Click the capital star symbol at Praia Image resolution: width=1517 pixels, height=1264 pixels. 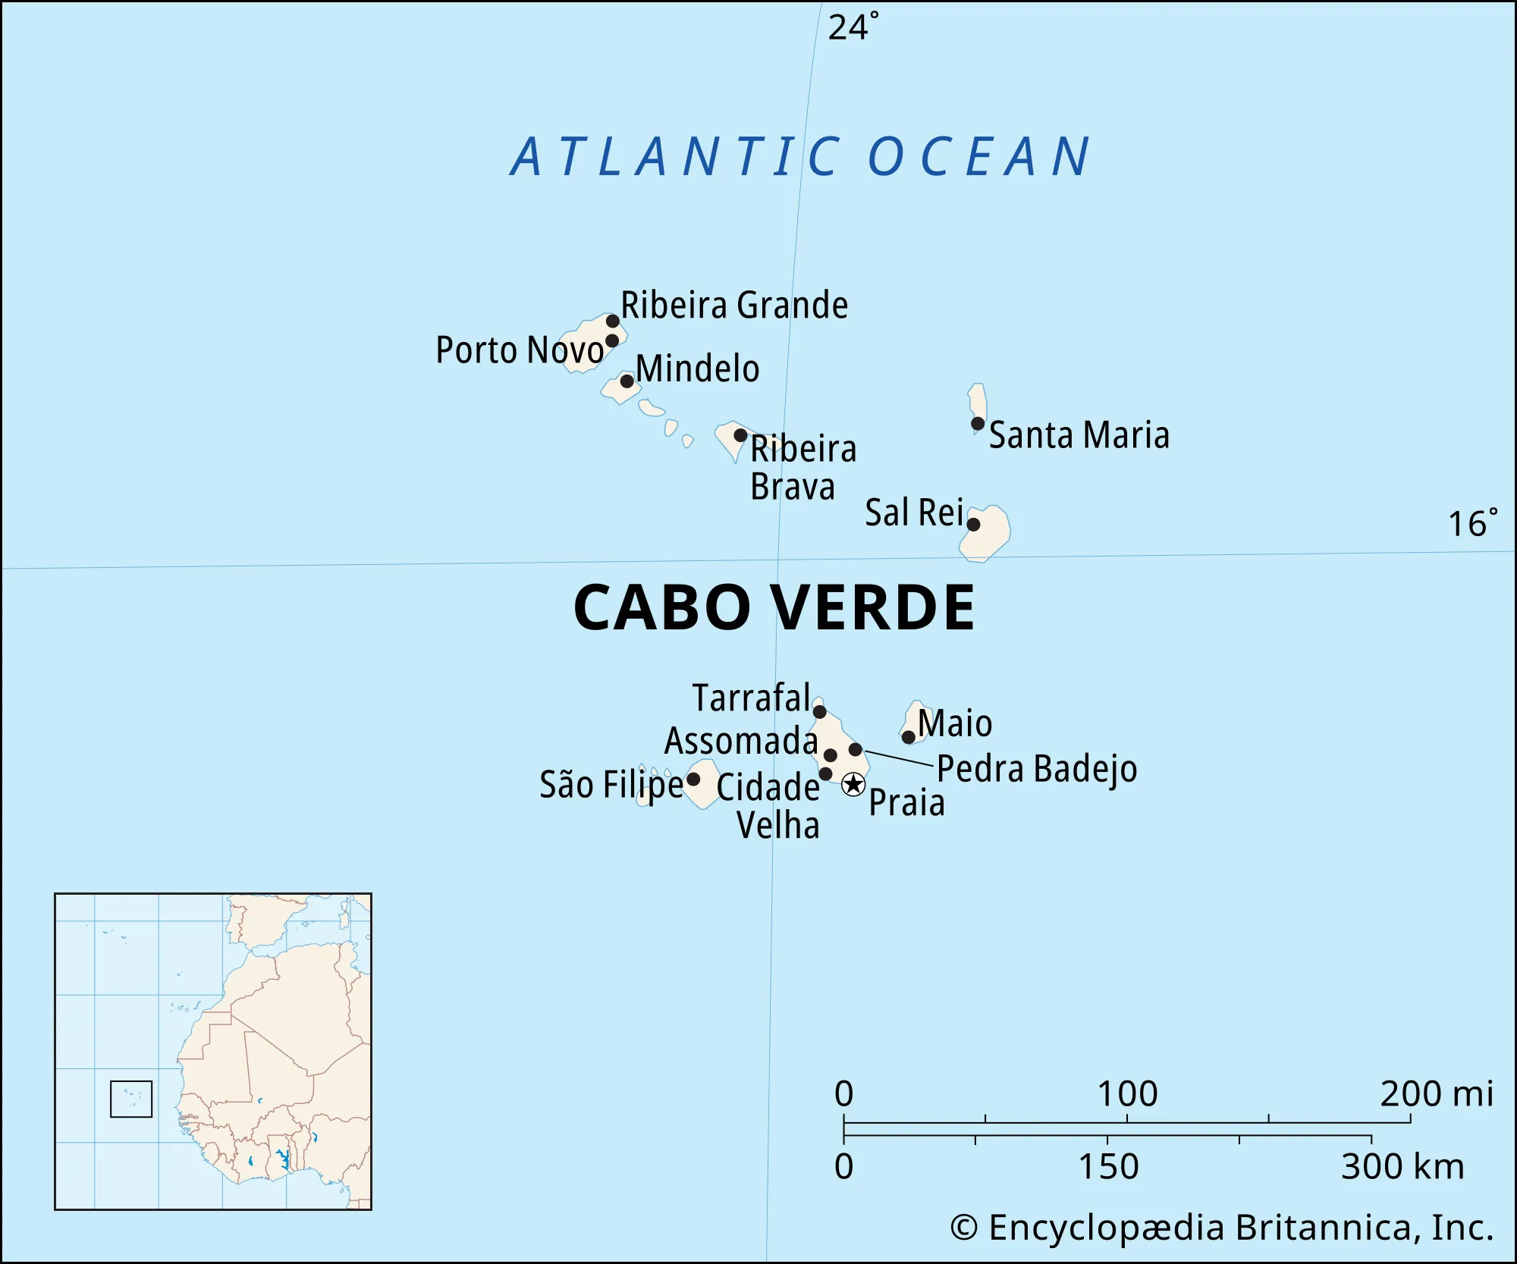pyautogui.click(x=853, y=784)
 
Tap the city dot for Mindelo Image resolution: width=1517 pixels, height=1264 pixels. pyautogui.click(x=627, y=381)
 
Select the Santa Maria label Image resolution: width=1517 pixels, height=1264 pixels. pyautogui.click(x=1079, y=436)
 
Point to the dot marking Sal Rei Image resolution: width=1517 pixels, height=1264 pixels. pyautogui.click(x=973, y=524)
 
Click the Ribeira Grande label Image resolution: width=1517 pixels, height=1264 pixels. pyautogui.click(x=733, y=306)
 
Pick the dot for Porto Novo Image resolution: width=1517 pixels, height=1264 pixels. pyautogui.click(x=612, y=340)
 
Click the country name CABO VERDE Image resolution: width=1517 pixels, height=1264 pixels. pyautogui.click(x=774, y=608)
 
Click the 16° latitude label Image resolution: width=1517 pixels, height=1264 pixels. pyautogui.click(x=1472, y=524)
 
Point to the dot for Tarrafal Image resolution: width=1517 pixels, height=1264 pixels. pyautogui.click(x=819, y=711)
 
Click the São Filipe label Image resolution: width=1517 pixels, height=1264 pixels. pyautogui.click(x=611, y=785)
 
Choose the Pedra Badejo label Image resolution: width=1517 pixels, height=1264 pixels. pyautogui.click(x=1037, y=770)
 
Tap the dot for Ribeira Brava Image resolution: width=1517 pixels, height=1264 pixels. pyautogui.click(x=740, y=435)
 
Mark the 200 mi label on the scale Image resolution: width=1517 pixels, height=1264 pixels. pyautogui.click(x=1436, y=1094)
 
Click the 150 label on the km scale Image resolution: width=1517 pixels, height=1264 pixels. pyautogui.click(x=1108, y=1166)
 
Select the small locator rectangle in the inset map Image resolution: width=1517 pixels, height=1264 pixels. pyautogui.click(x=131, y=1099)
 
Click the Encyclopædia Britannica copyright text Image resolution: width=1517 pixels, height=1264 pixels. pyautogui.click(x=1221, y=1228)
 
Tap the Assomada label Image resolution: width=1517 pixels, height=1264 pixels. pyautogui.click(x=741, y=741)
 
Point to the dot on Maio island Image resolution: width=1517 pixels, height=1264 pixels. pyautogui.click(x=908, y=736)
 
